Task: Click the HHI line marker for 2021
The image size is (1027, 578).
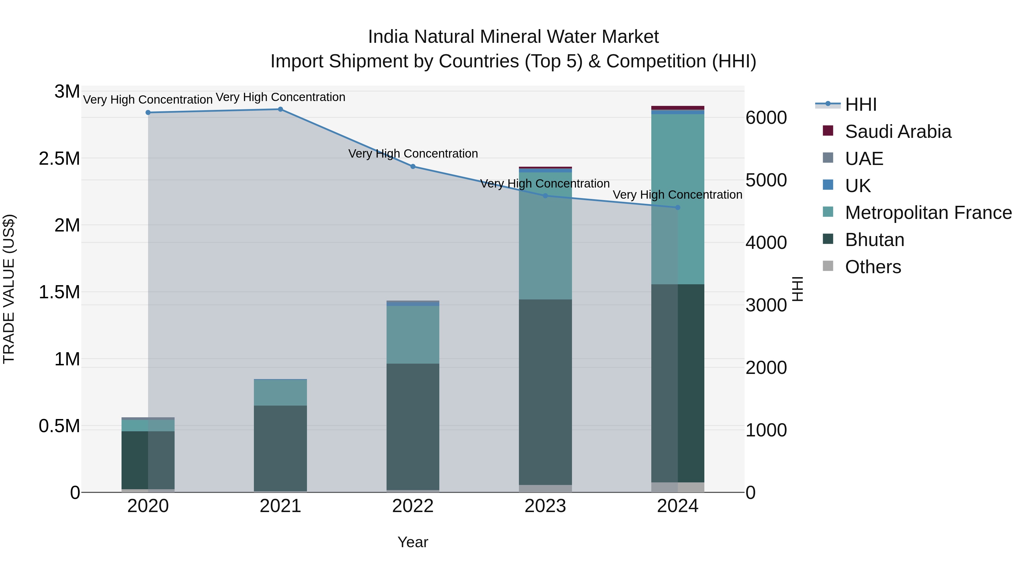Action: pos(280,109)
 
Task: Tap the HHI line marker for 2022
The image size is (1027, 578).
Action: pos(413,166)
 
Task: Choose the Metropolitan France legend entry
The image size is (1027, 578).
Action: pos(928,213)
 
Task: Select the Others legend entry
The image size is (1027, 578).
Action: pos(872,267)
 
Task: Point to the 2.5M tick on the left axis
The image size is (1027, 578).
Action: pos(59,158)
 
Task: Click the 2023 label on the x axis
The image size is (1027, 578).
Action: pos(545,506)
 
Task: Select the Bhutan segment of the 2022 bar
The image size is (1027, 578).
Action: pos(413,427)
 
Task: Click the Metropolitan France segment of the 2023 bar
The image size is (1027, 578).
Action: pos(545,235)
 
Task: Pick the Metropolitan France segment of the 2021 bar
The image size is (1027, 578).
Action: pos(280,392)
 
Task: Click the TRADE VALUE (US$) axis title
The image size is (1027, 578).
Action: pos(9,289)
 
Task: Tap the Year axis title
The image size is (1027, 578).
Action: pos(413,542)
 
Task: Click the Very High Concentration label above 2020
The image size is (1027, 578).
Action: pos(147,99)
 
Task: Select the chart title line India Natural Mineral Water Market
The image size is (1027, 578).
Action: pos(513,37)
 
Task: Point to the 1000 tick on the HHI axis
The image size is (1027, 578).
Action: pos(766,430)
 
